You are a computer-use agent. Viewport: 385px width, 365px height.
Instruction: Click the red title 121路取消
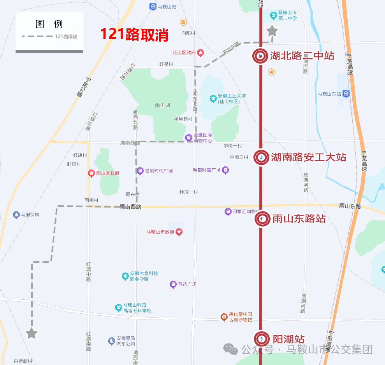134,35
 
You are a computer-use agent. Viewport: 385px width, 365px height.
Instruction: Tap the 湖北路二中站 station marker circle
260,56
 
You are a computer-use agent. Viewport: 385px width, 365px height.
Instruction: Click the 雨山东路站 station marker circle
262,219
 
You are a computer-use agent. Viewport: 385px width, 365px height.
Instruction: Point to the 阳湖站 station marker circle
262,339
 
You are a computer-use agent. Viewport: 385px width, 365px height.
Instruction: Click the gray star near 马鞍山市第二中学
272,31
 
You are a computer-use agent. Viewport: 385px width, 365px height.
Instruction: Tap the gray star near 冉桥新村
32,333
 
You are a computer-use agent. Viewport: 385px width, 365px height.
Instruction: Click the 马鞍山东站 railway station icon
346,94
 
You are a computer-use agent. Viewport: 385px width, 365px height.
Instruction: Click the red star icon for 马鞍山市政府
179,232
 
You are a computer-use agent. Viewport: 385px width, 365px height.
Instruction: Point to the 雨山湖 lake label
162,105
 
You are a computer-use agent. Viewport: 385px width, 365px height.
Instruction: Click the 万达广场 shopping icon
173,285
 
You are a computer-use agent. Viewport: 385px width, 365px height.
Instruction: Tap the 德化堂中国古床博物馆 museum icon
224,317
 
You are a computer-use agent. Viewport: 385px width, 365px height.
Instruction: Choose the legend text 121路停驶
66,37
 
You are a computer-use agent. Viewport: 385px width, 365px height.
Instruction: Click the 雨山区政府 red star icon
91,173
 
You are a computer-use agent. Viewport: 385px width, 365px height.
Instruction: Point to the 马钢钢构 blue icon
16,215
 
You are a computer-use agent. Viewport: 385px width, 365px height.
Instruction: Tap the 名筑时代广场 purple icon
140,171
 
